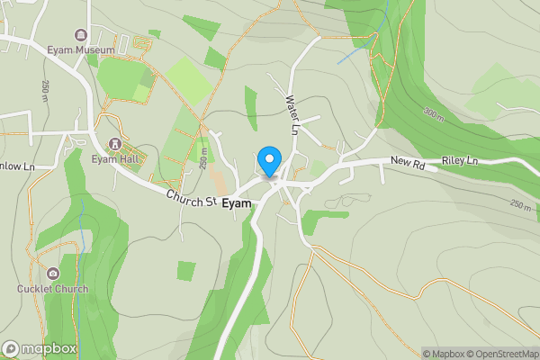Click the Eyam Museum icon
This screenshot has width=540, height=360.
coord(82,37)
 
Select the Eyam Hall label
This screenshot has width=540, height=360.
coord(112,159)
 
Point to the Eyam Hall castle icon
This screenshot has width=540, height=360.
coord(114,144)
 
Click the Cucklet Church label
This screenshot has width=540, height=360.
coord(53,289)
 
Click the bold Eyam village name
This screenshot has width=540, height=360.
coord(237,203)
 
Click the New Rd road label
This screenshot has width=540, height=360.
coord(406,162)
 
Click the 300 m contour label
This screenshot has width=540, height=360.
coord(433,114)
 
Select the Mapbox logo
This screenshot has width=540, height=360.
coord(39,348)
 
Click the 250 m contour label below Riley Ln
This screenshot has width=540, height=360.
coord(520,205)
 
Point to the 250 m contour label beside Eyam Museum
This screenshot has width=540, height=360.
coord(44,90)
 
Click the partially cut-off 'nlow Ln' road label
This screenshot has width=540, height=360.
coord(16,166)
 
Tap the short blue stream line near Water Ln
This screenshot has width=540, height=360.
coord(354,55)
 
